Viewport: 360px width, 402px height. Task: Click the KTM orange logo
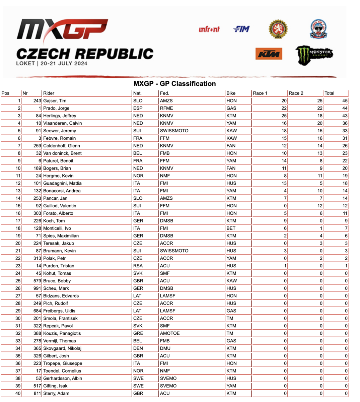[x=269, y=54]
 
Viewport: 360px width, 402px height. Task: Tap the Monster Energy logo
[x=314, y=55]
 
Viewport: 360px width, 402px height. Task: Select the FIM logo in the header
[x=241, y=29]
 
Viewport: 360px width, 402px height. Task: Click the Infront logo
[x=209, y=29]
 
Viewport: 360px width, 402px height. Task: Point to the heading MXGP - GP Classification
[x=174, y=84]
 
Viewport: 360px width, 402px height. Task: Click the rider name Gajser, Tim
[x=55, y=101]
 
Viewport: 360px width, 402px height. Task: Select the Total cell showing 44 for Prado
[x=345, y=108]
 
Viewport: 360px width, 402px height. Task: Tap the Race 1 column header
[x=260, y=93]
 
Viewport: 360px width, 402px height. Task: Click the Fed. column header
[x=164, y=93]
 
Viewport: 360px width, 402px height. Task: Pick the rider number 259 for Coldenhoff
[x=37, y=146]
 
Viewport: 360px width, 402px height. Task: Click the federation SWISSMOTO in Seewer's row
[x=174, y=131]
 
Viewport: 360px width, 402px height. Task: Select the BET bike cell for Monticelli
[x=231, y=228]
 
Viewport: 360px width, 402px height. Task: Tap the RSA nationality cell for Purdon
[x=138, y=266]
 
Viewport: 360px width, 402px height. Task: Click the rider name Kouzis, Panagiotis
[x=62, y=333]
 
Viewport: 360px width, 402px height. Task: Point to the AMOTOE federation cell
[x=170, y=333]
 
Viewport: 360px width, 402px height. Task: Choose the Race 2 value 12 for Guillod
[x=320, y=206]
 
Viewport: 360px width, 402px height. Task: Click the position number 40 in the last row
[x=18, y=393]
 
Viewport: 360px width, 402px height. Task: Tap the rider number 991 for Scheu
[x=37, y=288]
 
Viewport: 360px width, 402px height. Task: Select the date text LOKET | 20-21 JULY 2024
[x=52, y=63]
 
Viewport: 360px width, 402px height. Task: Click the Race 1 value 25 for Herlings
[x=284, y=116]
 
